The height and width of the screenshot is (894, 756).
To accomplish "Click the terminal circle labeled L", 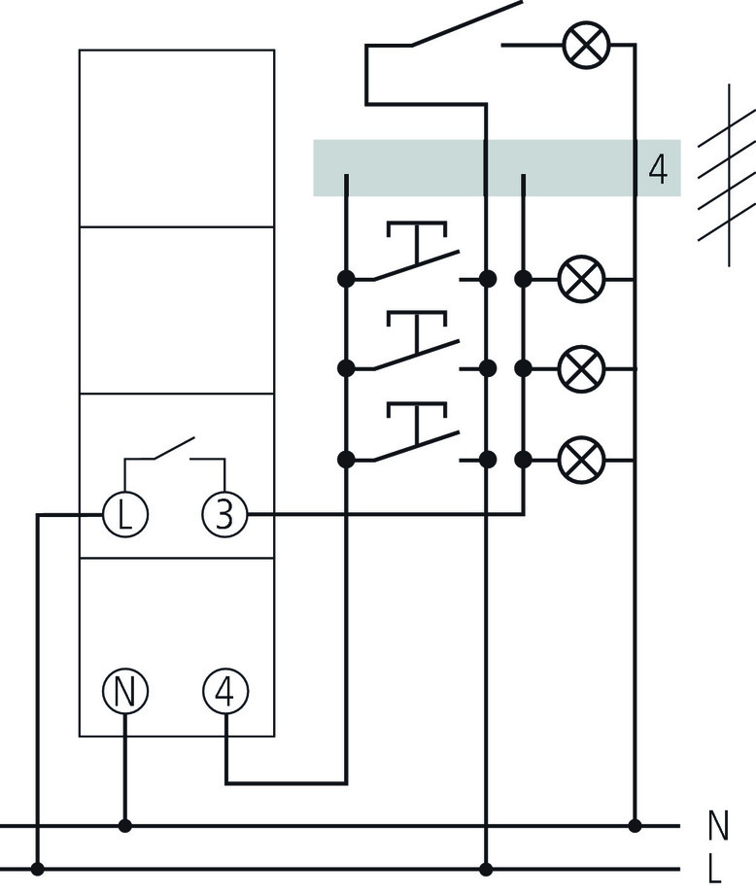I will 125,514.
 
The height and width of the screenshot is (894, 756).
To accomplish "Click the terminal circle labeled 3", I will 224,514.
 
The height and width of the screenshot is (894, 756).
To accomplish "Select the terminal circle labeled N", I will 125,692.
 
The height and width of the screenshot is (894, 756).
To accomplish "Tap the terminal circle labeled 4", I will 224,692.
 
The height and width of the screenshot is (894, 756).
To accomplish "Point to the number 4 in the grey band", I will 658,169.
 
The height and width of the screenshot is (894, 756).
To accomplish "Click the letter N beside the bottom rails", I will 718,826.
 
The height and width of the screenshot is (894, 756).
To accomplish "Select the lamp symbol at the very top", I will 585,45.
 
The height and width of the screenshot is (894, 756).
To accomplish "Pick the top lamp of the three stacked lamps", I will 581,280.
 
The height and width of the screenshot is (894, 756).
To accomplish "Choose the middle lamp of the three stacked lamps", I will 581,369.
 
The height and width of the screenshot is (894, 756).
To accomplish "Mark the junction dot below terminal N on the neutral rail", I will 125,826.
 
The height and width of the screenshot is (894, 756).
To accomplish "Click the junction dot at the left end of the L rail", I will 38,868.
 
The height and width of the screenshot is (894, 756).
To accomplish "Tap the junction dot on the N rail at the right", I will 635,826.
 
